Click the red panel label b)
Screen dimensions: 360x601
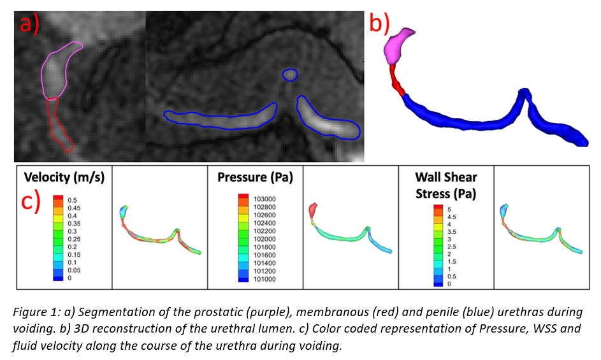(x=380, y=23)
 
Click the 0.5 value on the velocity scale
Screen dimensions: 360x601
(x=72, y=200)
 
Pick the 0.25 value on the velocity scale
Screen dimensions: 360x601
(x=74, y=240)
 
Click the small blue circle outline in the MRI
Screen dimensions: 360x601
(x=290, y=75)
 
